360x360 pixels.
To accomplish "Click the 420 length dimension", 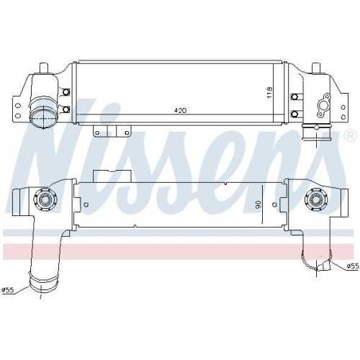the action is [180, 110].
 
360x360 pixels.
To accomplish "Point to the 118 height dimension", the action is [269, 92].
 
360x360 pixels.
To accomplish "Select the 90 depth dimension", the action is [258, 204].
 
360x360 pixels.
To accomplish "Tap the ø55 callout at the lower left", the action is [8, 290].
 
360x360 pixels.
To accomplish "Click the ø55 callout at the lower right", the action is [353, 266].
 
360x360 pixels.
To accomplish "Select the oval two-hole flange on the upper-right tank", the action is [324, 106].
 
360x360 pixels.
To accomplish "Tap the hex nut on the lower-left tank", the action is [45, 198].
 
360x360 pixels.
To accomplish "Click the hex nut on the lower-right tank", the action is [315, 199].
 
